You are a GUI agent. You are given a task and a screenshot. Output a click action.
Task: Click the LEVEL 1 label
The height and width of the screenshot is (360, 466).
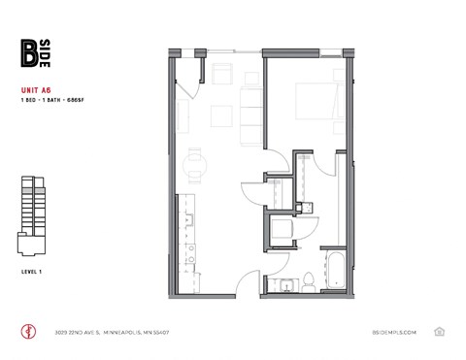click(x=31, y=269)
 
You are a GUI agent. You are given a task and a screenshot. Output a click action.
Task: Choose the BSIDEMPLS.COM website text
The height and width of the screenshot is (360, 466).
click(x=393, y=332)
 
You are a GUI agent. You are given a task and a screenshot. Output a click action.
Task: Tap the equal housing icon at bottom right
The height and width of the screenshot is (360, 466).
click(x=440, y=331)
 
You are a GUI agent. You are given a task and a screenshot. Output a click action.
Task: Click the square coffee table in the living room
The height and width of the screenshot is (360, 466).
click(x=222, y=111)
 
